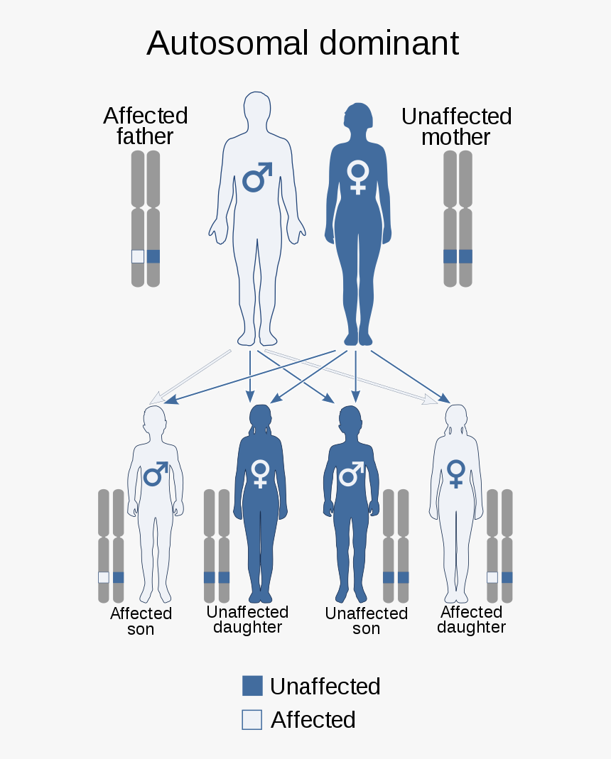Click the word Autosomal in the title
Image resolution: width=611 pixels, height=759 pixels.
tap(227, 44)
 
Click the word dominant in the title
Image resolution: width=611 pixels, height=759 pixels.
tap(389, 44)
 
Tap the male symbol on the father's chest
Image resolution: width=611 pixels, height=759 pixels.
tap(257, 178)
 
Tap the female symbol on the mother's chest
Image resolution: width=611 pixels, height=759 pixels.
tap(357, 176)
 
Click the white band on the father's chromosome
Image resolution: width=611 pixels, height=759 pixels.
tap(138, 257)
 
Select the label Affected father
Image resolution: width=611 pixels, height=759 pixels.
tap(145, 126)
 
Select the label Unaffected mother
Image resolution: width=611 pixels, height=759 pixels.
tap(456, 126)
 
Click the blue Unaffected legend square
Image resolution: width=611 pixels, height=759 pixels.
tap(252, 686)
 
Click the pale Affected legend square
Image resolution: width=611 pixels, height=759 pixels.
tap(252, 719)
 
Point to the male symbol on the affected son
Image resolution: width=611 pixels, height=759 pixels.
tap(156, 474)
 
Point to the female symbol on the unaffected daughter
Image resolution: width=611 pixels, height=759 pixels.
tap(261, 472)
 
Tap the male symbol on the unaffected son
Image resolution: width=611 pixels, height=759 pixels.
tap(350, 473)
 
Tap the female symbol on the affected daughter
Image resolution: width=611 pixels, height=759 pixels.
tap(455, 472)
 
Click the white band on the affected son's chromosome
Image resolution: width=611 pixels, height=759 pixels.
tap(104, 577)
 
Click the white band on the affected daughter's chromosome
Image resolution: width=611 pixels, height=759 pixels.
tap(492, 577)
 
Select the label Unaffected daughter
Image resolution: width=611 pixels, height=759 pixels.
tap(247, 620)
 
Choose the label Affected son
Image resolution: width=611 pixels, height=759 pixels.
tap(141, 621)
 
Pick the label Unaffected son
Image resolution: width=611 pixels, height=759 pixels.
tap(366, 621)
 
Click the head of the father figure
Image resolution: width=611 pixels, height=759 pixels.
tap(257, 110)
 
